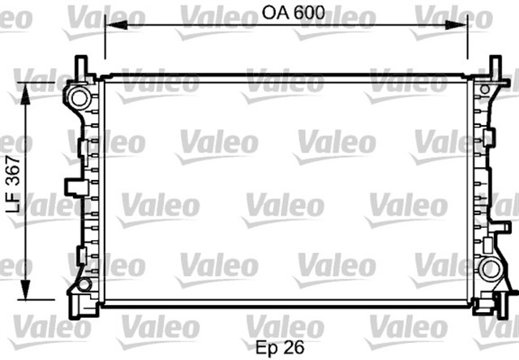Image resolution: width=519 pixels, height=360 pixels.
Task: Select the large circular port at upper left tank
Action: [x=80, y=98]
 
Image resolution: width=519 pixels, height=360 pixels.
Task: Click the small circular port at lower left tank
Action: [x=84, y=284]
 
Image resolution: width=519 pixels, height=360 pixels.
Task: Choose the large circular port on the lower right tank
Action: [x=489, y=269]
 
